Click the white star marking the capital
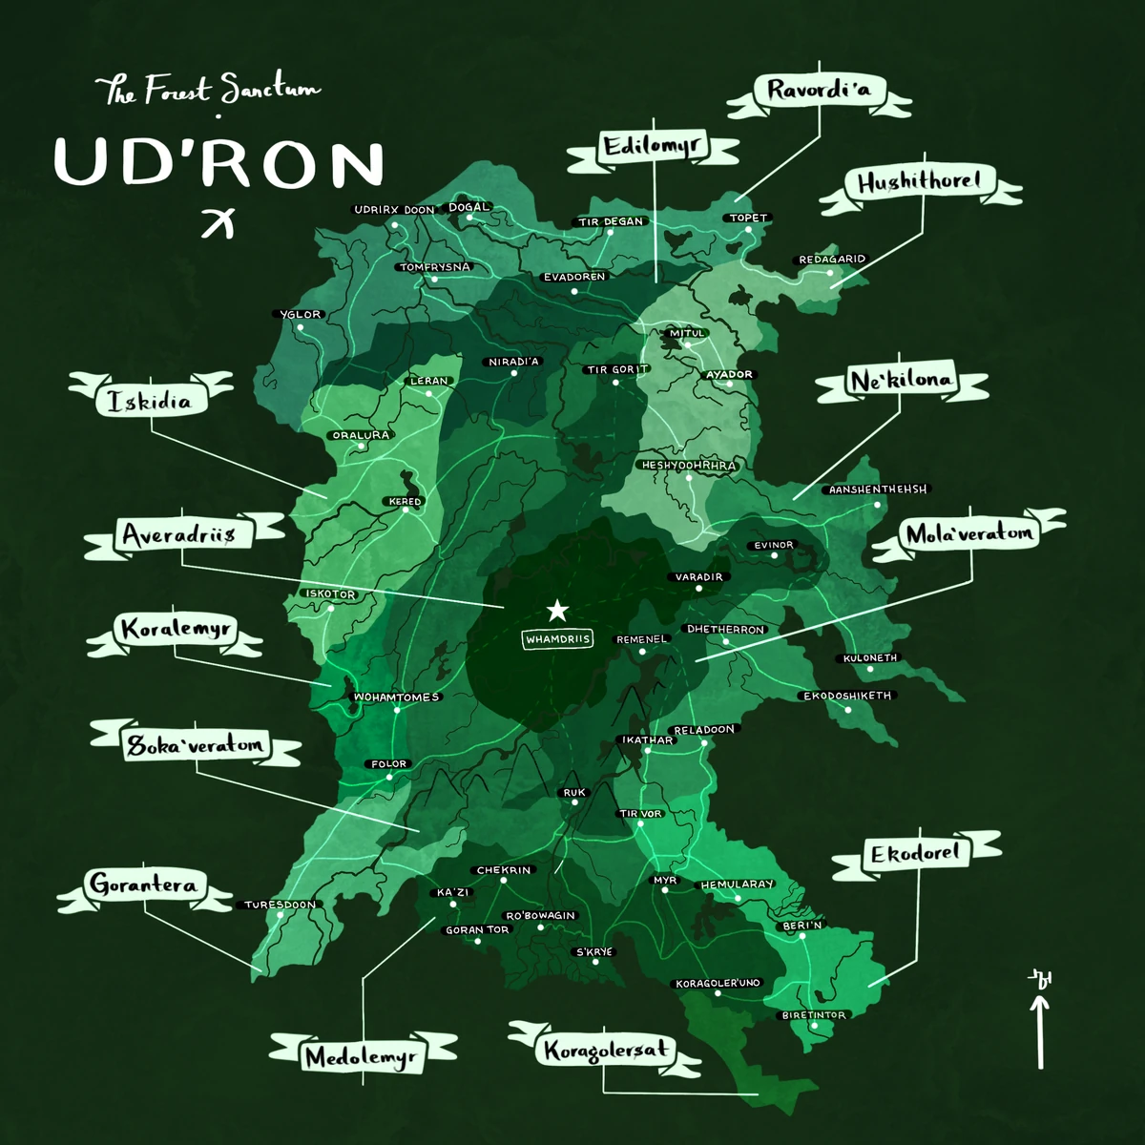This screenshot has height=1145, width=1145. coord(556,611)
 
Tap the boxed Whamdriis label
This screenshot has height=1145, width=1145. coord(557,639)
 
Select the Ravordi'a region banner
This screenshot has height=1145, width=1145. coord(819,92)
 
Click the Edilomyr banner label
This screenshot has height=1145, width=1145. coord(653,148)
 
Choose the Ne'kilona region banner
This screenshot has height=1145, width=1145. coord(901,382)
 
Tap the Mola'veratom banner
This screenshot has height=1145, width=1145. coord(968,534)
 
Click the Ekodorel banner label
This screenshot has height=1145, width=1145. coord(914,853)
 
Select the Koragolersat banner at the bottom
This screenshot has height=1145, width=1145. coord(605,1051)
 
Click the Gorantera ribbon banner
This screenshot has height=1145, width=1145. coord(144,885)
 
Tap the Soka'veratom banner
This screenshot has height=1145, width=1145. coord(195,745)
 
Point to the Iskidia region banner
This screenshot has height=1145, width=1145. coord(149,402)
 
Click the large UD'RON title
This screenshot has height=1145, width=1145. coord(219,162)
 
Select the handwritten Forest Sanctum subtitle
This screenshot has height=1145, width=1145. coord(208,92)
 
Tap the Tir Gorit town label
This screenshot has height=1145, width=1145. coord(616,369)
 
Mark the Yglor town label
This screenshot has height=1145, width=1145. coord(301,314)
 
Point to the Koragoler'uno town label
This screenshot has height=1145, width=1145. coord(718,983)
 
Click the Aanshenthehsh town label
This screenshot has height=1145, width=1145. coord(877,489)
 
